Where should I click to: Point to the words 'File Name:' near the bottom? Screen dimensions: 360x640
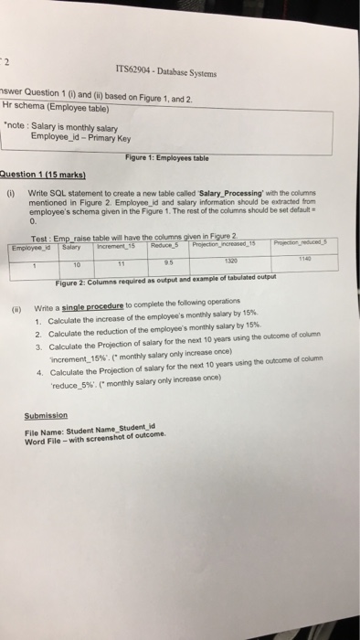44,430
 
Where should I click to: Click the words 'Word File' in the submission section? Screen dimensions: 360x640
45,438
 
